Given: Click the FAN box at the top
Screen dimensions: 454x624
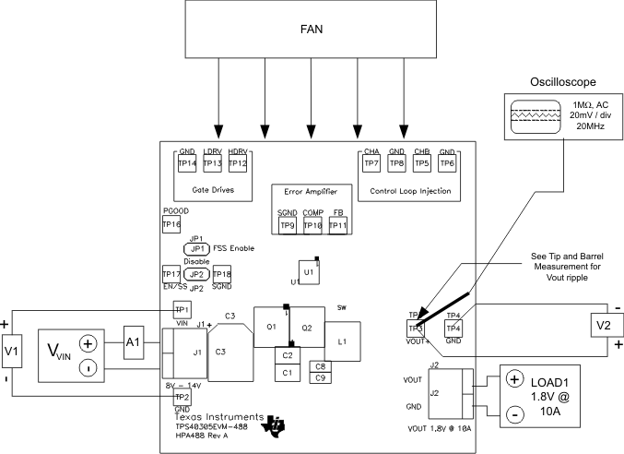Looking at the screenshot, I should pos(312,30).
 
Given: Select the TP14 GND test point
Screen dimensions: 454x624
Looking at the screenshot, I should pos(188,163).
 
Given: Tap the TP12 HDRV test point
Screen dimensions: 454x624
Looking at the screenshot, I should pos(238,163).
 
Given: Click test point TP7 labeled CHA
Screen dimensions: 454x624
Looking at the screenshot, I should pos(372,163).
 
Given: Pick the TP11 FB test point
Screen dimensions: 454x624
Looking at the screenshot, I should pos(337,225).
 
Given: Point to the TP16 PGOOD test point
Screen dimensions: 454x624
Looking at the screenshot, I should pos(171,223).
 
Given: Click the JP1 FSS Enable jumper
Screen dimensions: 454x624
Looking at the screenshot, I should pos(195,249).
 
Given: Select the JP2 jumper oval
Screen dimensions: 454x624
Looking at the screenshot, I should pos(194,274).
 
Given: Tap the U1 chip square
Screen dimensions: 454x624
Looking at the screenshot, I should pos(310,272).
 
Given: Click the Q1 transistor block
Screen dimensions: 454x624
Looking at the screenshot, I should pos(272,327).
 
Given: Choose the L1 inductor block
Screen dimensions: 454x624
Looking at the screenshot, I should pos(342,341).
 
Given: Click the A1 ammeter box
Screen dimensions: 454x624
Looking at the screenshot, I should pos(133,341).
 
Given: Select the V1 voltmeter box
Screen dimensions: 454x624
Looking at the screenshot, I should pos(12,352).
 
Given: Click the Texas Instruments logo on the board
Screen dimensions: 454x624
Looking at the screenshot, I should pos(276,425).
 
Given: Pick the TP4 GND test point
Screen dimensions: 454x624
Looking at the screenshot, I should pos(453,329).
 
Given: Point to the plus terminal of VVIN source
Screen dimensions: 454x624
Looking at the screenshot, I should pos(88,343).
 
